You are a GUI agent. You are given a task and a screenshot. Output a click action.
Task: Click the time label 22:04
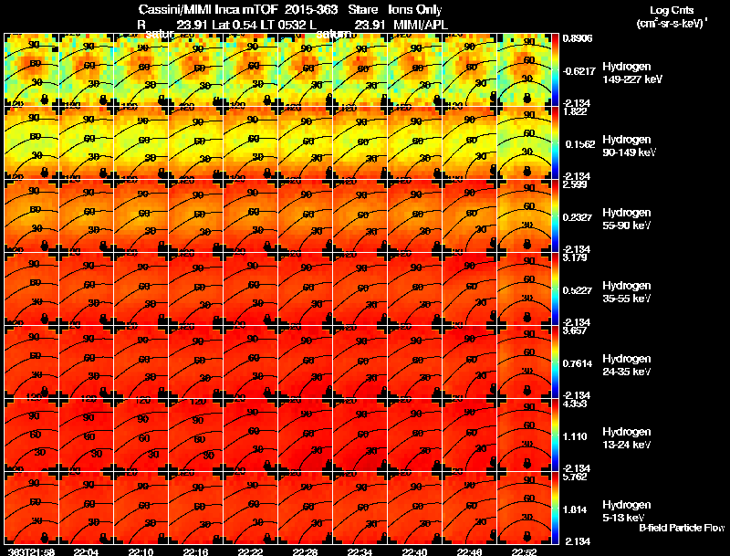[x=86, y=551]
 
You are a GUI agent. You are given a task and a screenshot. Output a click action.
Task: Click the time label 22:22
[x=250, y=551]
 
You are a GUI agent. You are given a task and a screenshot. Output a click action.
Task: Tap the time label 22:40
[x=415, y=551]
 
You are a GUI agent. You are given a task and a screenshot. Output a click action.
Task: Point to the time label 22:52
[x=526, y=551]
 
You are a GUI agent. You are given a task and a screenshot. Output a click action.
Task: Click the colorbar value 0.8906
[x=577, y=39]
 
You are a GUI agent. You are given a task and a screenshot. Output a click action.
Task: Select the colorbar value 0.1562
[x=579, y=143]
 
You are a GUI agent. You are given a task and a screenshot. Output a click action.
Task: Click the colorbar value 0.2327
[x=579, y=216]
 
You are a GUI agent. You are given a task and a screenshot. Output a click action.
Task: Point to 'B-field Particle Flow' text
[x=682, y=528]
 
